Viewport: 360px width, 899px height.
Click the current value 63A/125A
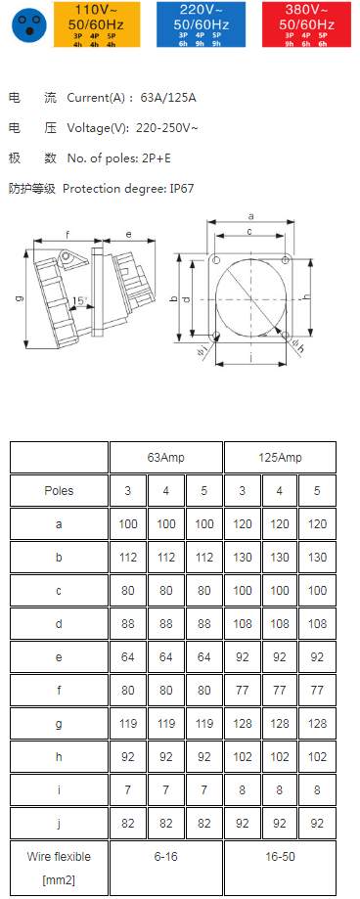point(168,98)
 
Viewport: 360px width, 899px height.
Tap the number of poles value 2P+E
point(174,158)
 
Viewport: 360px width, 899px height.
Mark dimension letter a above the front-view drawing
point(250,215)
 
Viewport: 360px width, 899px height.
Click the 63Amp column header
point(166,458)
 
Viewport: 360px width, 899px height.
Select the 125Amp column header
point(280,458)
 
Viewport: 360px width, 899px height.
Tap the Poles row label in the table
point(59,491)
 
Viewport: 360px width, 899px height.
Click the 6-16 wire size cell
point(166,856)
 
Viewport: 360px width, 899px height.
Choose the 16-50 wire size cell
point(280,856)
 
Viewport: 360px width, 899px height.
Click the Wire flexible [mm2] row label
point(59,866)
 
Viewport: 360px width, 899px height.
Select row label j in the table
point(59,823)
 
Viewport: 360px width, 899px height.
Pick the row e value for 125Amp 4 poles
point(280,657)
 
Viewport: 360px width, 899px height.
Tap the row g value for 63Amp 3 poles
point(128,724)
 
